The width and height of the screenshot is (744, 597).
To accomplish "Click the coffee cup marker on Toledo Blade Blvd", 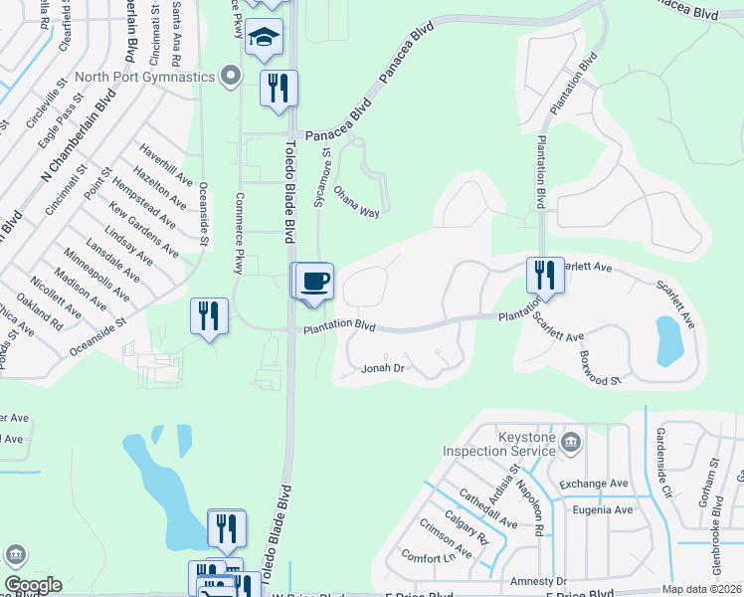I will [315, 281].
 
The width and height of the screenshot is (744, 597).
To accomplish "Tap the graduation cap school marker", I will [264, 37].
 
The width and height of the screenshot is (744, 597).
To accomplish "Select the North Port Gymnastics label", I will [156, 77].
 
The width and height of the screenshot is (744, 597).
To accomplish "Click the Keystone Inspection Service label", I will [498, 441].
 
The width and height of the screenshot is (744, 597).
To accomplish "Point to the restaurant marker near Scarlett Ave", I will [544, 274].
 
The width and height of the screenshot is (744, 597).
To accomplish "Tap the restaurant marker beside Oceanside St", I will [209, 315].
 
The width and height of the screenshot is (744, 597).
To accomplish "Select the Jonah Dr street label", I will [382, 369].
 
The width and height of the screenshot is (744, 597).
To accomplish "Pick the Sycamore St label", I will [323, 177].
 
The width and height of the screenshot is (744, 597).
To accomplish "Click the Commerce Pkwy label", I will [239, 232].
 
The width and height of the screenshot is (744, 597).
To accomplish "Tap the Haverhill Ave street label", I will [165, 166].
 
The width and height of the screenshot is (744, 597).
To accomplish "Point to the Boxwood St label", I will [601, 367].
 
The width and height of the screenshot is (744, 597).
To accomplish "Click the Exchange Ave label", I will [594, 484].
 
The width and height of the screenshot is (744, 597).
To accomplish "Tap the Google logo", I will [33, 585].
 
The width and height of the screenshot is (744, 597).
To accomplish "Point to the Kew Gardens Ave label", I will [144, 228].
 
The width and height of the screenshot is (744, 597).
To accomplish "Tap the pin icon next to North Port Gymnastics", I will [231, 76].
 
